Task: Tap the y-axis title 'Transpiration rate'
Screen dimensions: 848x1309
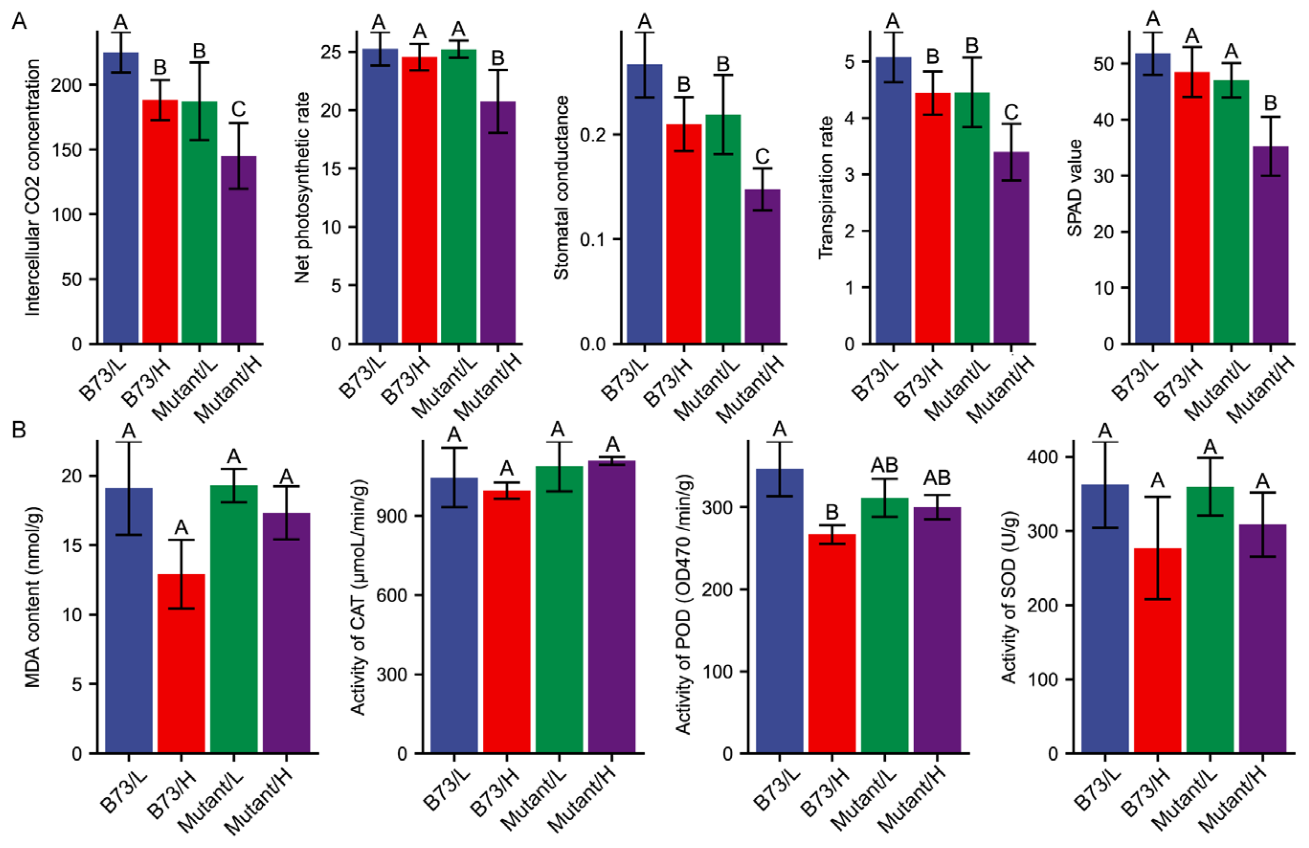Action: (x=826, y=187)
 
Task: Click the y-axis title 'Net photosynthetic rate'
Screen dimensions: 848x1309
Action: (x=302, y=187)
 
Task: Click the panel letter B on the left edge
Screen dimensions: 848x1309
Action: (x=19, y=429)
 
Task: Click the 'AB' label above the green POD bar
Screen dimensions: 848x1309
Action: (x=884, y=466)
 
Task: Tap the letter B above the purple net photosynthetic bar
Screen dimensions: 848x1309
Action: (x=497, y=58)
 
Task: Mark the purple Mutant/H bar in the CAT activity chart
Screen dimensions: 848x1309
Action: (x=612, y=605)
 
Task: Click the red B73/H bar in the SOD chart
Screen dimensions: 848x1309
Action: (x=1157, y=649)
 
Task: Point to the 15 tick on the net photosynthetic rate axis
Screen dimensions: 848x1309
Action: (x=332, y=169)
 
